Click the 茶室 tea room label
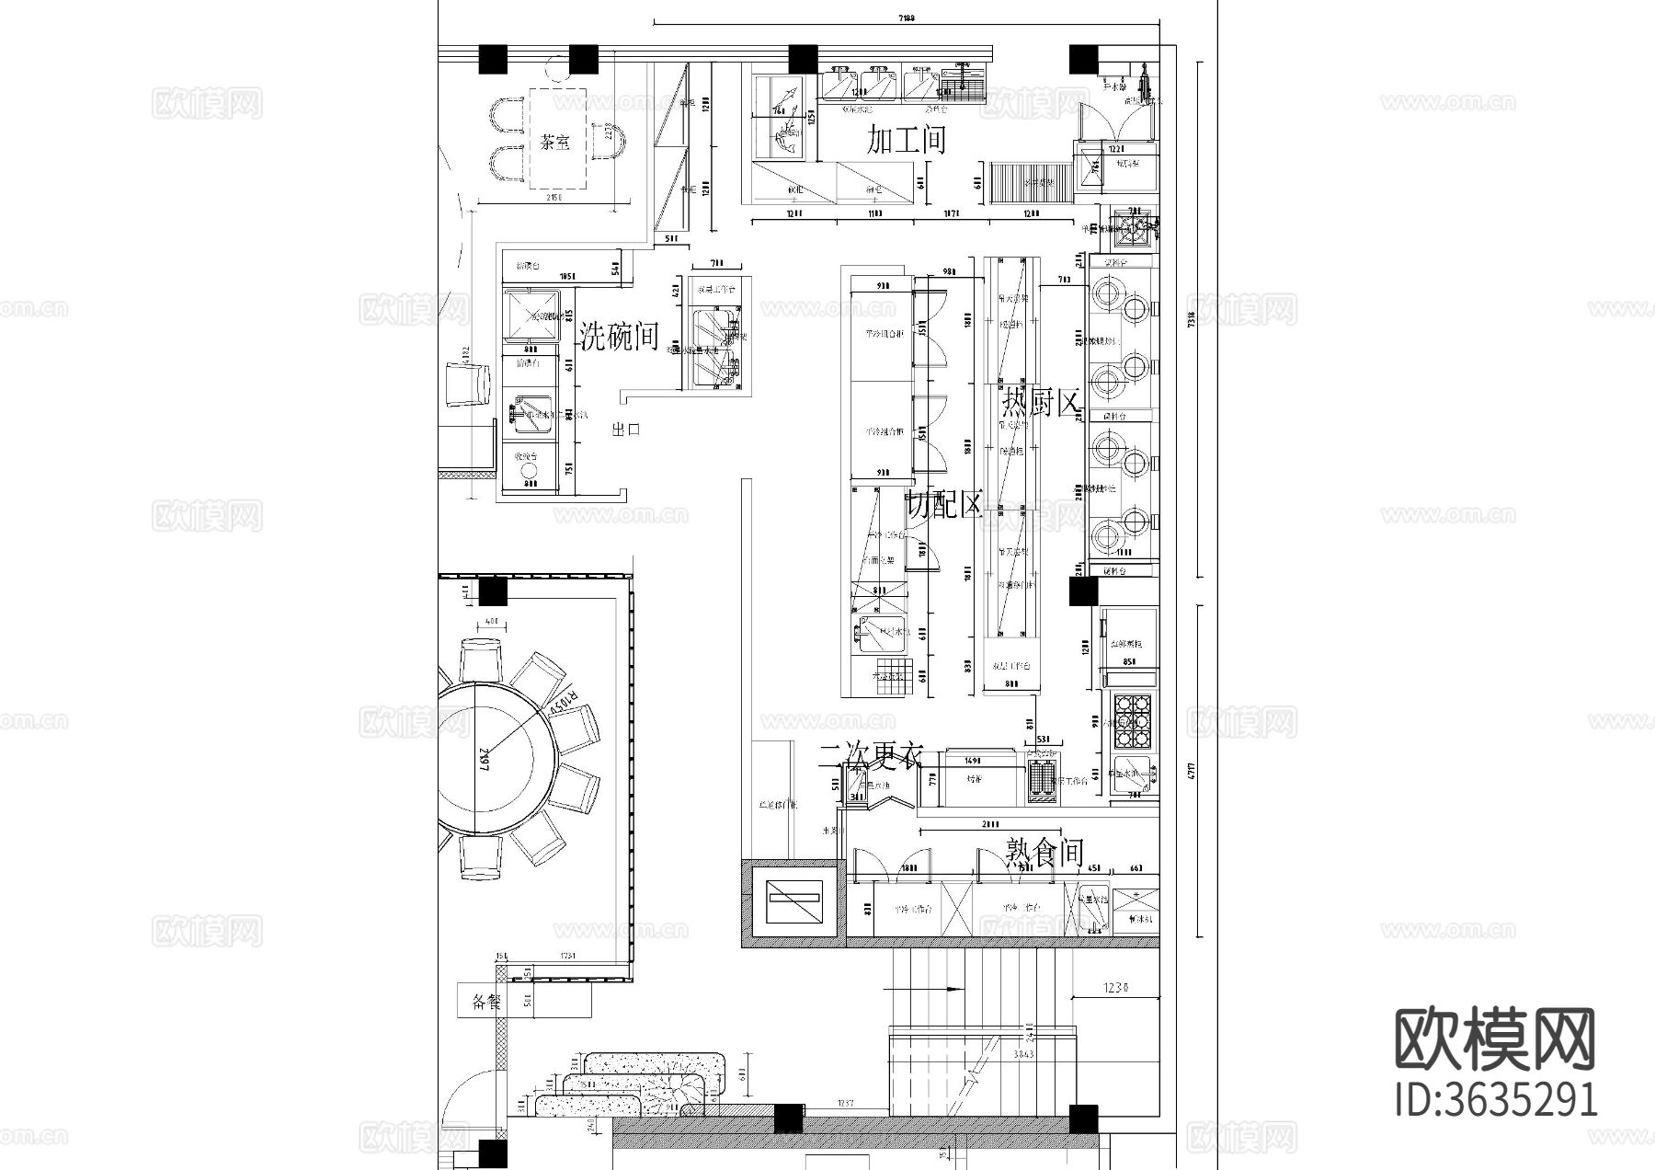(555, 143)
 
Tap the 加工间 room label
(907, 141)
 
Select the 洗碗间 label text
(620, 338)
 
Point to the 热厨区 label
(1039, 402)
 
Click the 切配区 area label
(944, 504)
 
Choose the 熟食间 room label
(1044, 855)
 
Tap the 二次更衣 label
(871, 756)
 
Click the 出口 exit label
(625, 429)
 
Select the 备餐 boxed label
(485, 1001)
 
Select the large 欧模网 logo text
(1495, 1039)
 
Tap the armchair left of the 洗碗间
(467, 384)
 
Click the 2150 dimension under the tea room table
(554, 197)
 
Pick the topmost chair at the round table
(481, 659)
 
